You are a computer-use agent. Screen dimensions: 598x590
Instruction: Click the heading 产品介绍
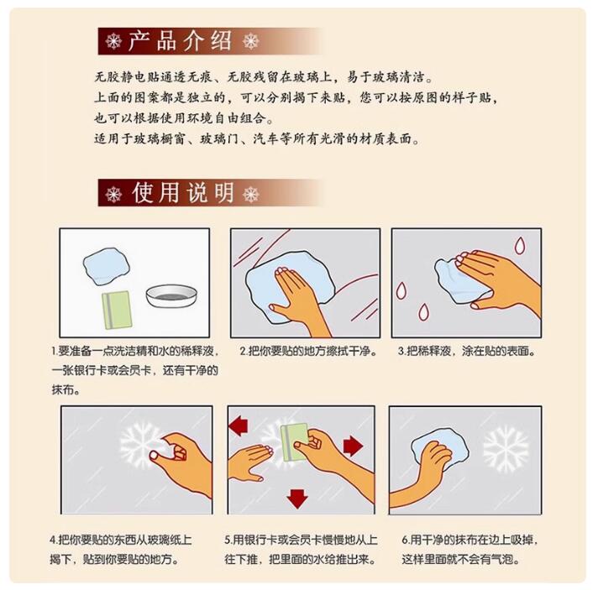click(x=180, y=40)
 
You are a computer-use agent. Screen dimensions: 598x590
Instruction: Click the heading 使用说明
click(x=183, y=192)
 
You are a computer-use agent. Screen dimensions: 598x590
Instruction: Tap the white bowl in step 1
click(x=171, y=295)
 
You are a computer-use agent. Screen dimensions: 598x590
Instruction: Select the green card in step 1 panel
click(x=117, y=310)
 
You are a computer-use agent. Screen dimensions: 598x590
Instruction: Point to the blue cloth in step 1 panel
click(x=107, y=266)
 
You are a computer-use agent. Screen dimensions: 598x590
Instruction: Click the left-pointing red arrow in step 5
click(x=239, y=426)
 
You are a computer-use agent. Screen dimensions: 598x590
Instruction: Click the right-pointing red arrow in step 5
click(x=353, y=446)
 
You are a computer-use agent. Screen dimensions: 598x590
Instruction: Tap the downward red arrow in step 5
click(x=297, y=499)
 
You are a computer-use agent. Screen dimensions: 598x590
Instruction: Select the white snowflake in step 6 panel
click(x=506, y=449)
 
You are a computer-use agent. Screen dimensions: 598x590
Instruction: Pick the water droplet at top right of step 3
click(x=519, y=246)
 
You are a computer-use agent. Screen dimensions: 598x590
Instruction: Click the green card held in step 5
click(x=294, y=442)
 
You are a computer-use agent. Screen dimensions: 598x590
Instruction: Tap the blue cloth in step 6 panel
click(x=440, y=450)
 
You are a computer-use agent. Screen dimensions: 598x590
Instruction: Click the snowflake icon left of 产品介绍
click(x=113, y=41)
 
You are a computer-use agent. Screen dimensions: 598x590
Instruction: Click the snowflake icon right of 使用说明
click(x=251, y=194)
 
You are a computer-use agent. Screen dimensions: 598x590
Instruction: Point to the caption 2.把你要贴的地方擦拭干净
click(x=308, y=351)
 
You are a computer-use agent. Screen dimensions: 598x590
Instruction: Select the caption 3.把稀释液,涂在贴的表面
click(x=466, y=351)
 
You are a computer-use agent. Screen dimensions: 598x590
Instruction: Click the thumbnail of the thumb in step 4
click(x=154, y=455)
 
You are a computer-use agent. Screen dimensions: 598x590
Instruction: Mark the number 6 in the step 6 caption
click(x=405, y=540)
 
